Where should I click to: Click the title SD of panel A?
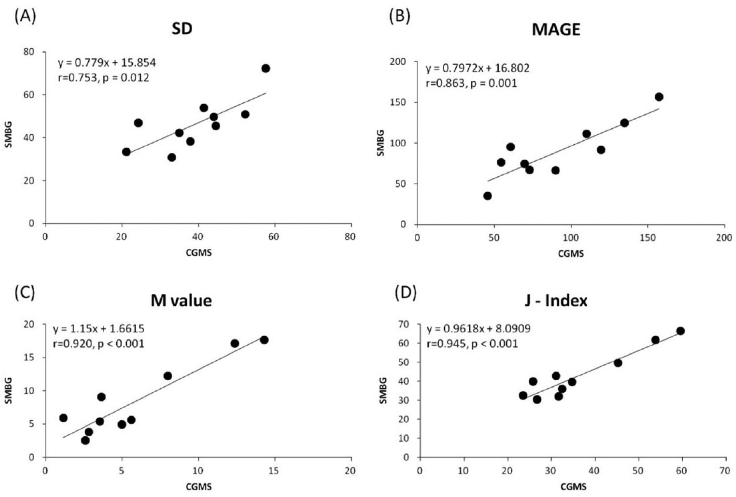(182, 29)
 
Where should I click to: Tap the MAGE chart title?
(556, 30)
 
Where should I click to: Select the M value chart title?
(181, 300)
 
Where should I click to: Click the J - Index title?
(556, 300)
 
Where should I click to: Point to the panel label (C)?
(25, 293)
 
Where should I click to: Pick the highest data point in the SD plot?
(266, 68)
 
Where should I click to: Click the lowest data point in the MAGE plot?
(487, 196)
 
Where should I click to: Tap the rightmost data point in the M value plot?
(264, 340)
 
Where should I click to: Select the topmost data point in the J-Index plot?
(680, 331)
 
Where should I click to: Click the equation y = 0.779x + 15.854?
(107, 63)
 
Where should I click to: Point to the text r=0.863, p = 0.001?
(471, 83)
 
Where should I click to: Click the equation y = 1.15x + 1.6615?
(98, 329)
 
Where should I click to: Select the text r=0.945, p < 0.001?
(472, 344)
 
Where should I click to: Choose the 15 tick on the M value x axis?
(275, 471)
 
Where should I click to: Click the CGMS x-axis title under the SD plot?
(198, 253)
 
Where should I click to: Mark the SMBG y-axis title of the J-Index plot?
(383, 390)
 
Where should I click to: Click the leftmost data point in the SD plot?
(126, 152)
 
